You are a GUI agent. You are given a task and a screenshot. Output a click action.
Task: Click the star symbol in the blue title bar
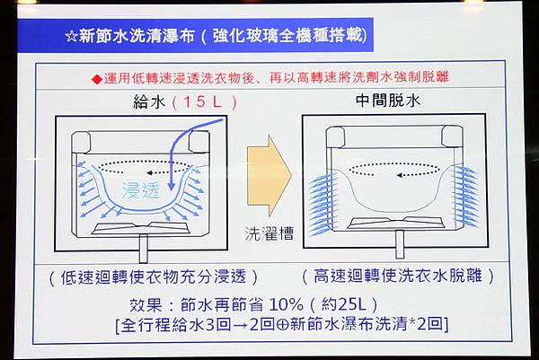pos(71,37)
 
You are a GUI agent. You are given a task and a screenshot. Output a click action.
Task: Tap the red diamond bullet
pos(97,80)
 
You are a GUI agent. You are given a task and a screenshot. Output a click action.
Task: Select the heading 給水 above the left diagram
pos(149,102)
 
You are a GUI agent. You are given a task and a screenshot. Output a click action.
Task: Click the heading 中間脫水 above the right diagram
pos(388,101)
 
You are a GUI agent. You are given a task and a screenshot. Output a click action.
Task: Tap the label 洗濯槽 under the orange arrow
pos(269,233)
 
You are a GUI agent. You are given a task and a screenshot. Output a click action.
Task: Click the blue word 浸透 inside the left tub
pos(141,190)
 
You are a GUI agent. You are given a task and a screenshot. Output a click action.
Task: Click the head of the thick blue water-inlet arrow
pos(171,187)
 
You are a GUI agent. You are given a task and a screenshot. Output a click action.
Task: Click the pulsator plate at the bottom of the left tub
pos(141,228)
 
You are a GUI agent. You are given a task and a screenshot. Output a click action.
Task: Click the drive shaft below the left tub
pos(144,249)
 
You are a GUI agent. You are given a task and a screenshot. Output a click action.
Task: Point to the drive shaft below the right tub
pos(400,244)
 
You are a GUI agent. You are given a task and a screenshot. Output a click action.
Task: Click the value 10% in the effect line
pos(286,304)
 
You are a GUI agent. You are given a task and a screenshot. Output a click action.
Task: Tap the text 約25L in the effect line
pos(343,303)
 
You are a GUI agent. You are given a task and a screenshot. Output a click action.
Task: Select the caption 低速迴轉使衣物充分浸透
pos(153,277)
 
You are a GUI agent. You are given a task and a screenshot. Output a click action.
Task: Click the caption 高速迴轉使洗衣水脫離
pos(397,276)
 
